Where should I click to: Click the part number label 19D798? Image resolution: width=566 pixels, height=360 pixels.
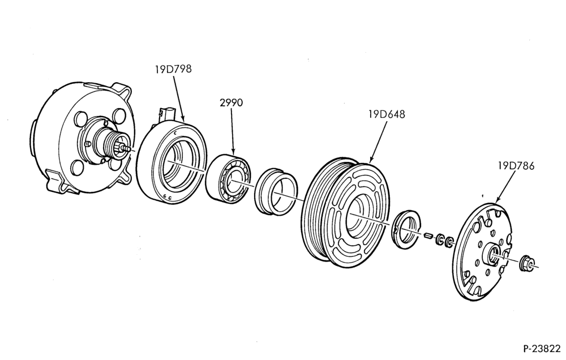click(173, 68)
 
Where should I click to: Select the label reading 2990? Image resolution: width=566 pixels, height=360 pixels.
click(231, 103)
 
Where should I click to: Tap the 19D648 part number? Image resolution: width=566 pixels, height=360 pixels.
click(387, 114)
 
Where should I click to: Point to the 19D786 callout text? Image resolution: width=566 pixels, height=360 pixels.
click(516, 166)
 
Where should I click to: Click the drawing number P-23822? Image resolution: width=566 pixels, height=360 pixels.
click(542, 349)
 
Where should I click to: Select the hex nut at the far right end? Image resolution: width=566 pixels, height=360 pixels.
click(526, 264)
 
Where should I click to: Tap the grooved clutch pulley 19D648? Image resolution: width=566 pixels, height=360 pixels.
click(345, 213)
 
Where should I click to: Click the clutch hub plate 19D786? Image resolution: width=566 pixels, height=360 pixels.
click(482, 252)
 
